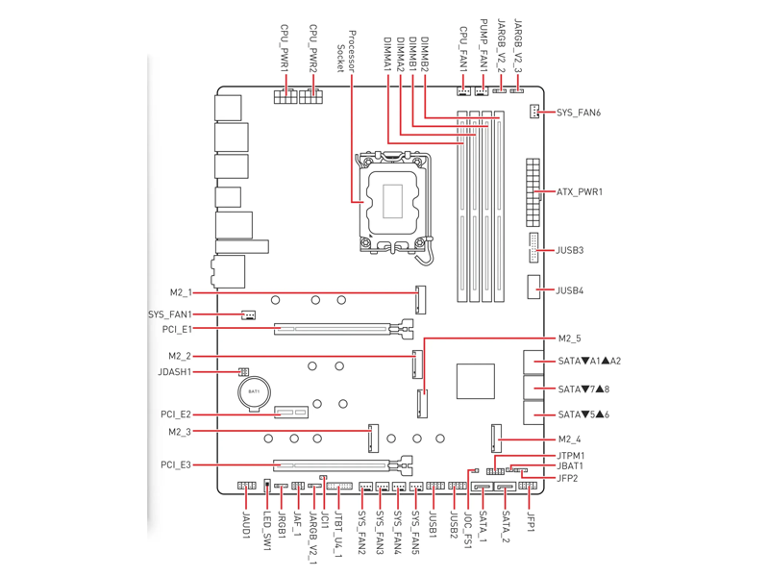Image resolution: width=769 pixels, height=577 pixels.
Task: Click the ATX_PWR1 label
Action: pyautogui.click(x=580, y=191)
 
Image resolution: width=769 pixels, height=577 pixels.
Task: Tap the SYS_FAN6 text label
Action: pyautogui.click(x=579, y=113)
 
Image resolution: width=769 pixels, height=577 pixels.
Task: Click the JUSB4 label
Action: pyautogui.click(x=569, y=290)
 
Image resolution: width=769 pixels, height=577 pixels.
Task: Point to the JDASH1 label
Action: pyautogui.click(x=175, y=372)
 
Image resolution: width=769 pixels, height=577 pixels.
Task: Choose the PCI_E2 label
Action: pyautogui.click(x=176, y=414)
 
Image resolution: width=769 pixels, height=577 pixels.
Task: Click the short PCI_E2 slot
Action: pyautogui.click(x=292, y=413)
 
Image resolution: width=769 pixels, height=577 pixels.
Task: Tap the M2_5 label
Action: pyautogui.click(x=569, y=339)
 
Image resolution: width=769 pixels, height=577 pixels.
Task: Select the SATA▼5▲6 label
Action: pyautogui.click(x=583, y=414)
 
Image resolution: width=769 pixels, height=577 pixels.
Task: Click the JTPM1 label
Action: pyautogui.click(x=571, y=456)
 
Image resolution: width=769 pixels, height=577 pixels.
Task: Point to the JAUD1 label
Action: pyautogui.click(x=246, y=523)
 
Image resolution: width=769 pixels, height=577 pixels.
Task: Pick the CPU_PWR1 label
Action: pyautogui.click(x=284, y=47)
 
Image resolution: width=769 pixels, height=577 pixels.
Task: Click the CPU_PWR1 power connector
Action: pyautogui.click(x=285, y=96)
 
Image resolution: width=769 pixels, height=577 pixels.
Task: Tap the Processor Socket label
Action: pyautogui.click(x=346, y=52)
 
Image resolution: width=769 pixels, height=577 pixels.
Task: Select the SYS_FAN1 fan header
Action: pyautogui.click(x=249, y=314)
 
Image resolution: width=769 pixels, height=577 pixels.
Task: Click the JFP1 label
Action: pyautogui.click(x=531, y=521)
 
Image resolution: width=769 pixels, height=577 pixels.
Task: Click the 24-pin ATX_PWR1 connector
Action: pyautogui.click(x=533, y=192)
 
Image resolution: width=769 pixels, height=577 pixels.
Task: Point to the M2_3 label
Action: pyautogui.click(x=180, y=432)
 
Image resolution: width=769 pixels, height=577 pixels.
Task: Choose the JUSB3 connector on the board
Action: pyautogui.click(x=533, y=248)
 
